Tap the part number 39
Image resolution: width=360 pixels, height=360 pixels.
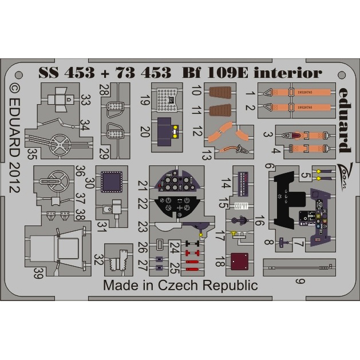coord(38,274)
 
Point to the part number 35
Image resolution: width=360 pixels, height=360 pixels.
coord(32,153)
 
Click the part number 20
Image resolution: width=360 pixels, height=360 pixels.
coord(144,133)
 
